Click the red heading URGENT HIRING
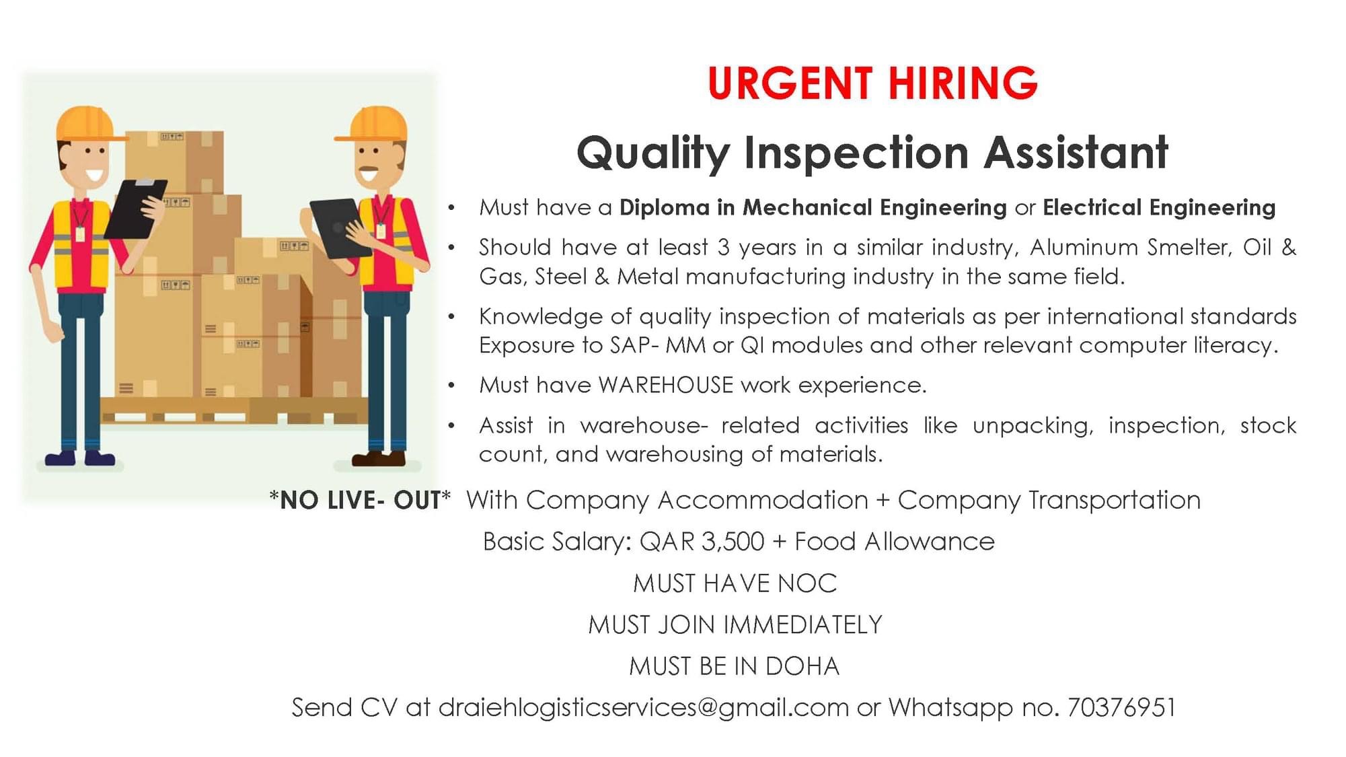tap(872, 83)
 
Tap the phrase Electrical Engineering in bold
tap(1159, 207)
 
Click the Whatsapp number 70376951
tap(1121, 707)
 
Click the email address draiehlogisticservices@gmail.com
tap(644, 708)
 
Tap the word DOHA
tap(802, 666)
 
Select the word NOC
tap(807, 583)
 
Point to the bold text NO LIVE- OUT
tap(360, 501)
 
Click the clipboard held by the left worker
tap(135, 208)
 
